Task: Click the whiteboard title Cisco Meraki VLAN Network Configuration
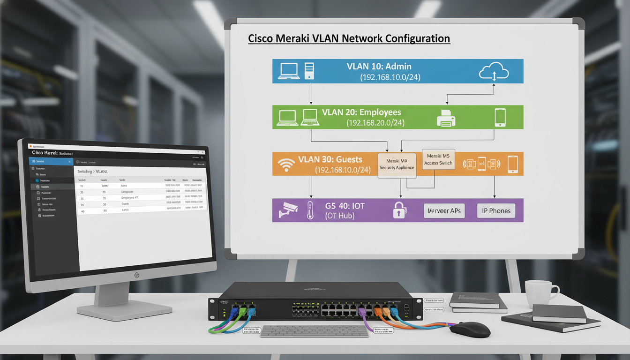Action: click(349, 38)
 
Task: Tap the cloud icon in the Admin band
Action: click(494, 72)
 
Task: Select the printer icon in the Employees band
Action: click(446, 118)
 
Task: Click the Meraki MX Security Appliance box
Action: click(397, 164)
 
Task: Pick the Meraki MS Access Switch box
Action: click(438, 159)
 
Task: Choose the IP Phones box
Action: click(496, 210)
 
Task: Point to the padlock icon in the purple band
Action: click(399, 210)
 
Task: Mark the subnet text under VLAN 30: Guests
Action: click(343, 169)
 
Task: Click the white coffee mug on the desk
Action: click(540, 293)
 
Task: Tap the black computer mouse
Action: click(470, 330)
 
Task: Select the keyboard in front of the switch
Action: click(314, 330)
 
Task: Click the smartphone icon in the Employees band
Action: click(500, 117)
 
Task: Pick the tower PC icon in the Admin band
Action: click(309, 71)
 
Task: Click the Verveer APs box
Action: click(444, 210)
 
